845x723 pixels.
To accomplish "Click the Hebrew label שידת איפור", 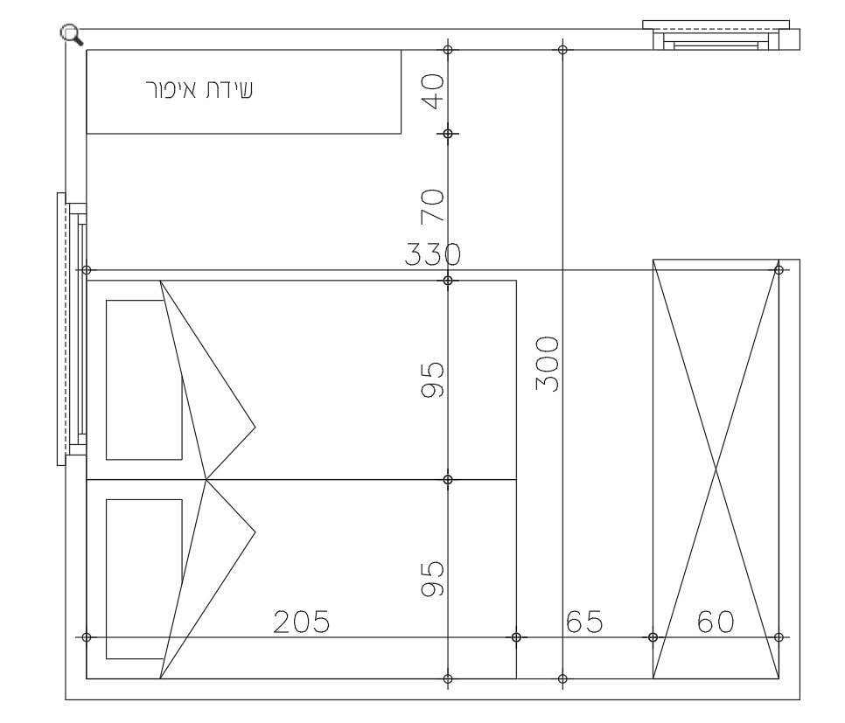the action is coord(199,89).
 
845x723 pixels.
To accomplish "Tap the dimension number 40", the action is coord(433,91).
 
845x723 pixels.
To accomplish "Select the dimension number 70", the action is coord(433,205).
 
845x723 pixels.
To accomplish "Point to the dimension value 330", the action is coord(433,254).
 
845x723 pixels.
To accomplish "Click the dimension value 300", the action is coord(548,364).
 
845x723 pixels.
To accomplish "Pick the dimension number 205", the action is coord(301,622).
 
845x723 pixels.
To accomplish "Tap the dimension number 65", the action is coord(584,622).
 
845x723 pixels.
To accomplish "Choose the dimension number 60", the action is coord(716,622).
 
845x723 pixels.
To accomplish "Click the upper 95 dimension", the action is coord(433,379).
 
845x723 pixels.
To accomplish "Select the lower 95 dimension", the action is coord(433,579).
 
